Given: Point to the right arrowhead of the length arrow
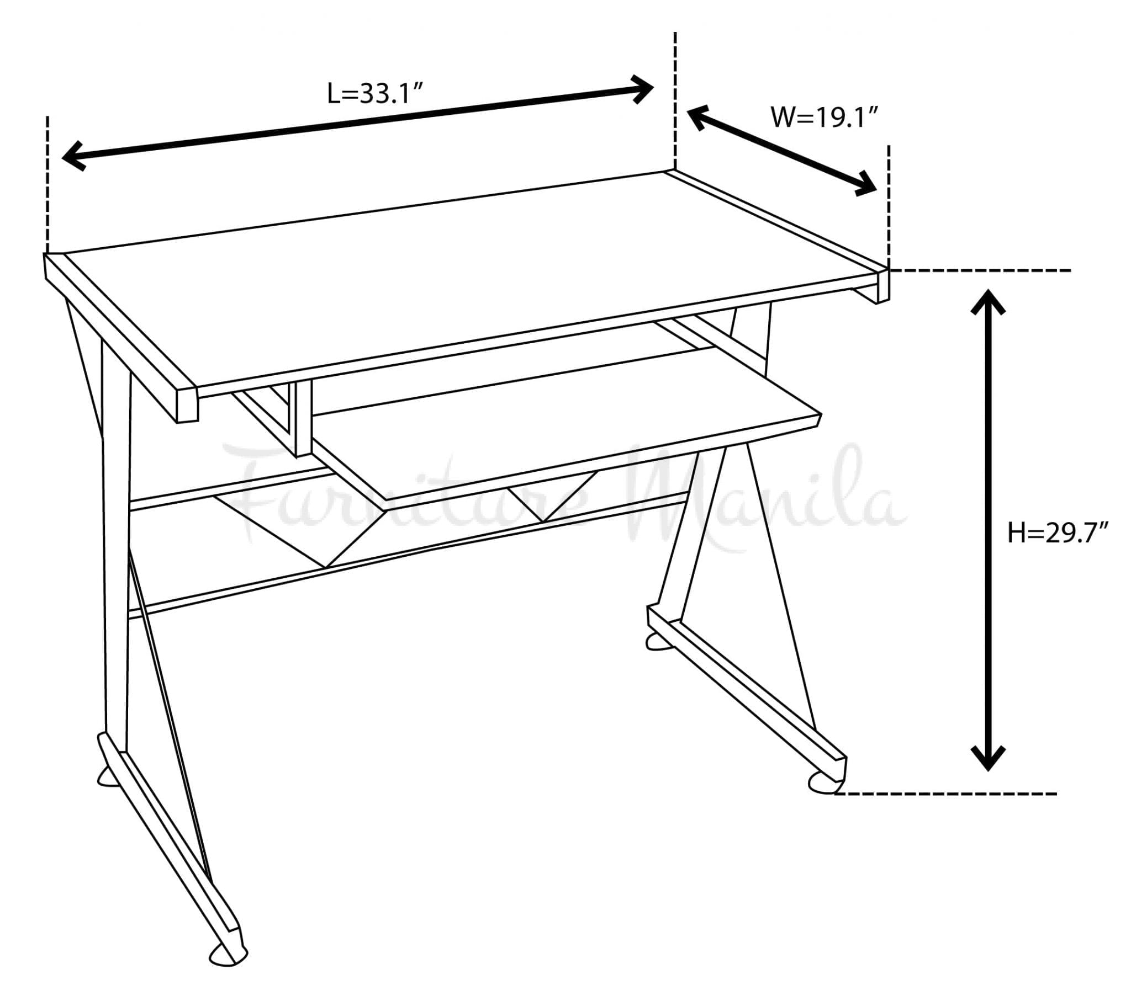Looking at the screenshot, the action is [642, 88].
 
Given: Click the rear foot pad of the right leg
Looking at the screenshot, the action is [658, 641].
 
